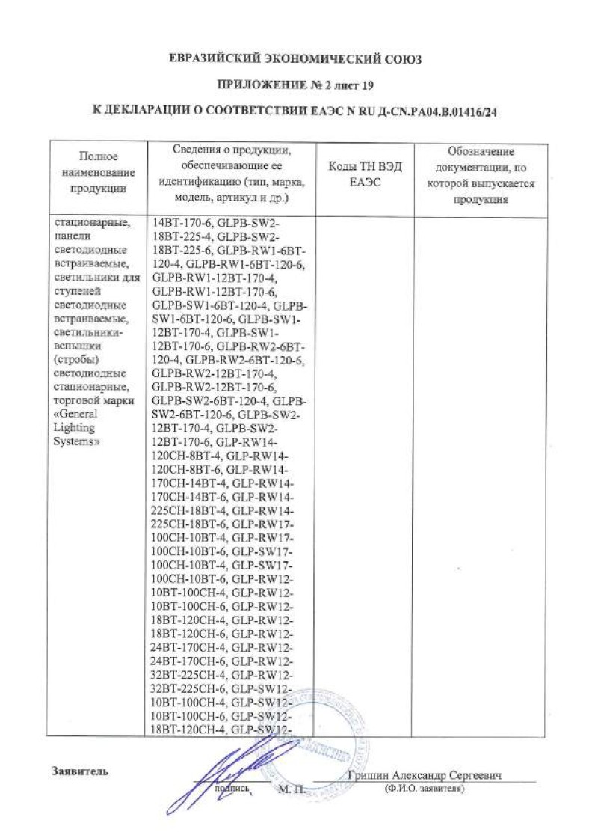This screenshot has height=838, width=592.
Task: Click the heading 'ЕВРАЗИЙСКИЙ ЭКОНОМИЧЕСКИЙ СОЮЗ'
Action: [295, 59]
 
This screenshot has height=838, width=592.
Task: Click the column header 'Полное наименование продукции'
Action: [98, 172]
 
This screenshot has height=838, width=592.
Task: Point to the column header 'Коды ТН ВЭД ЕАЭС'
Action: [366, 174]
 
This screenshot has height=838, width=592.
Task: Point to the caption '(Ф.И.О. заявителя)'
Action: [423, 789]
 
